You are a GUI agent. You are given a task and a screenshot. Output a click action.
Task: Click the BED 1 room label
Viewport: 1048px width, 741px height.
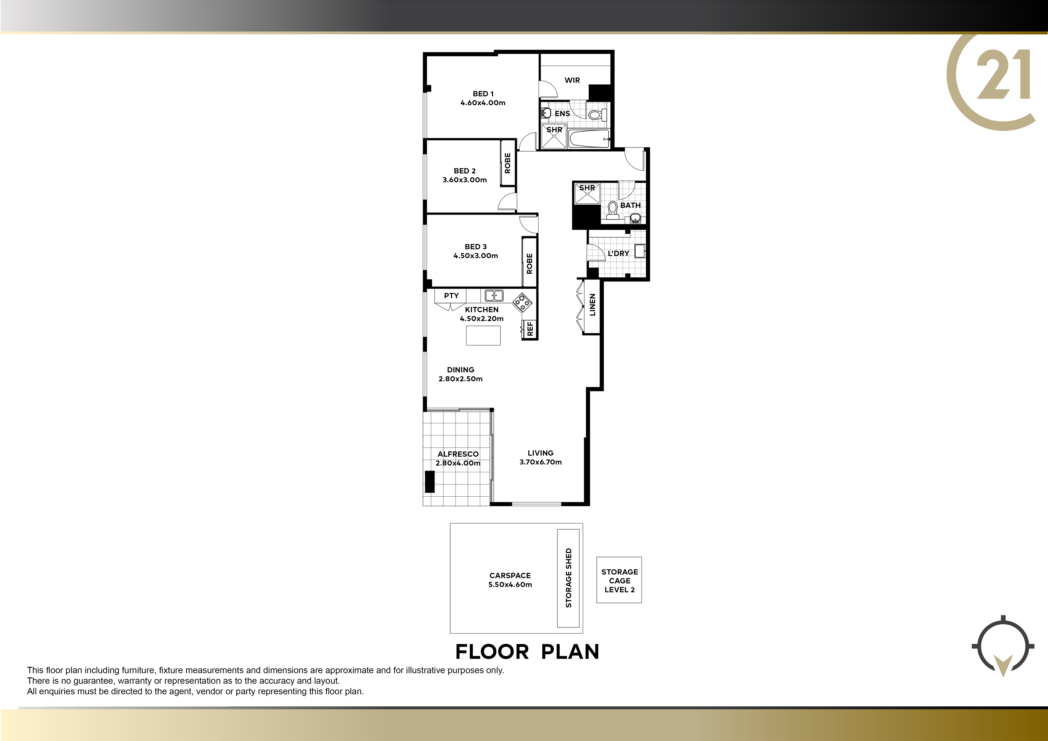tap(483, 94)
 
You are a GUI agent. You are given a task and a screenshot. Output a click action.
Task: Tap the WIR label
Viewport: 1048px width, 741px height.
tap(572, 80)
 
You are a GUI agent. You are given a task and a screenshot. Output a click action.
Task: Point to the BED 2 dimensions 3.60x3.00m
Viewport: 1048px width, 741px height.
tap(465, 180)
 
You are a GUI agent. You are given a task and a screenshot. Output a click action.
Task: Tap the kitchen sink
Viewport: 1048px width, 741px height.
tap(494, 296)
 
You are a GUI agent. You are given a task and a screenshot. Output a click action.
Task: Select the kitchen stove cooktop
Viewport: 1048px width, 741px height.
tap(522, 302)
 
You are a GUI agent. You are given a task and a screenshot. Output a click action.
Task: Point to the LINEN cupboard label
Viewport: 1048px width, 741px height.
tap(593, 305)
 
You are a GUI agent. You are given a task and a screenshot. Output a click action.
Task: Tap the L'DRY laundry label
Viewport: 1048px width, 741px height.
tap(619, 253)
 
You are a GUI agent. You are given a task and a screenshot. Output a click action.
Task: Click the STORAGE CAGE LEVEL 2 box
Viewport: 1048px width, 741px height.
tap(619, 580)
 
